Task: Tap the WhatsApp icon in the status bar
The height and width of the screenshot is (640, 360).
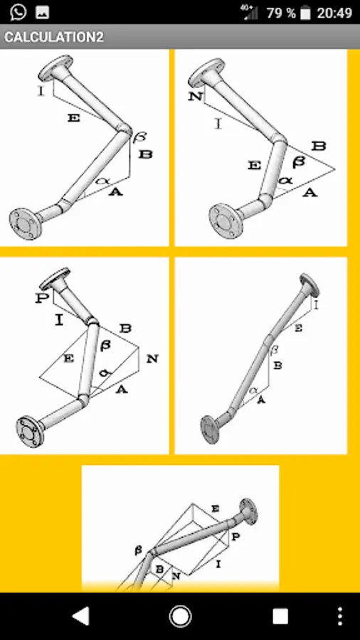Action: tap(18, 12)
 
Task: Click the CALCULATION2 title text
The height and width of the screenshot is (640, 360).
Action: tap(54, 37)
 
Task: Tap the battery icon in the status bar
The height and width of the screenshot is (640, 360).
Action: tap(305, 13)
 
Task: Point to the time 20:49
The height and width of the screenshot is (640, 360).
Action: tap(334, 13)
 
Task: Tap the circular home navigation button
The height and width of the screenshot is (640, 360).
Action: tap(180, 616)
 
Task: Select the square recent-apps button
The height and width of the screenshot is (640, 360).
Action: tap(280, 616)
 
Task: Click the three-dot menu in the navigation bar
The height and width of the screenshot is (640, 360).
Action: tap(340, 616)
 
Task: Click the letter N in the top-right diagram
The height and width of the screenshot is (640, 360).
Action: tap(196, 97)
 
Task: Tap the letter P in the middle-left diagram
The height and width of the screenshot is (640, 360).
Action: tap(42, 298)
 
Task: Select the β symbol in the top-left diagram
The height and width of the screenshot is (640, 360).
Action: tap(140, 137)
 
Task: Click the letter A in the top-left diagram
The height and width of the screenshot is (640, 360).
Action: tap(115, 191)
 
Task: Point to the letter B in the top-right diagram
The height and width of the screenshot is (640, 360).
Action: tap(318, 146)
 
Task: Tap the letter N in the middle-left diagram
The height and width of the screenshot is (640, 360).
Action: tap(152, 359)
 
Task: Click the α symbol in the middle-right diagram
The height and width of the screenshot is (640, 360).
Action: tap(253, 390)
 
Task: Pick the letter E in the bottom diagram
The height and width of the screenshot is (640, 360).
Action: tap(215, 508)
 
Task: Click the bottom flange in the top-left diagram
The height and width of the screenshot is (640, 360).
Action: tap(26, 224)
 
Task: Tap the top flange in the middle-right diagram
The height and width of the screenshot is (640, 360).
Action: tap(309, 285)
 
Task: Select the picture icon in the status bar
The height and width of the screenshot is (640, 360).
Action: tap(43, 12)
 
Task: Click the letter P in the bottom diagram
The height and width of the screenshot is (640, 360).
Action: tap(235, 536)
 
